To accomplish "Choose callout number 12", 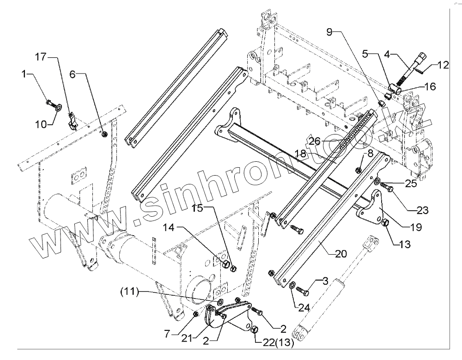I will pos(443,65).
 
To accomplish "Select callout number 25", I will pos(412,183).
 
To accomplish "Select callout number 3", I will pos(325,280).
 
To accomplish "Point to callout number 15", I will pos(198,208).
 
